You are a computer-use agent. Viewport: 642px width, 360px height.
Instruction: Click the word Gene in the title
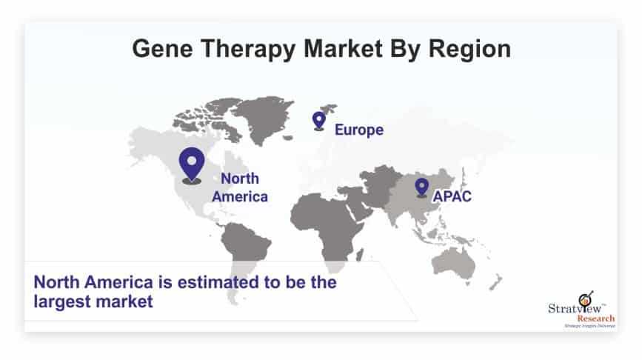click(x=163, y=48)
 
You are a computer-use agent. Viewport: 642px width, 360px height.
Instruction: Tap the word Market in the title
click(x=343, y=48)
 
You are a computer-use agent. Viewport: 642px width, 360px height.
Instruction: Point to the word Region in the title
click(x=469, y=50)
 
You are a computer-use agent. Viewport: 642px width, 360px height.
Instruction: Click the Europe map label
click(x=359, y=130)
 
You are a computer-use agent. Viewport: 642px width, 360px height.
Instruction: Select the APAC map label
click(x=452, y=196)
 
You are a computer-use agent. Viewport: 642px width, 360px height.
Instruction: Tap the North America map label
click(x=240, y=187)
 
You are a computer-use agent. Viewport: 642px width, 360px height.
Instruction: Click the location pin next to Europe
click(x=319, y=121)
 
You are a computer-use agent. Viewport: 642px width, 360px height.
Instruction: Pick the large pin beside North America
click(x=192, y=165)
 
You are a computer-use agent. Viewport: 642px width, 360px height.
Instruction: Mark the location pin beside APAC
click(x=421, y=187)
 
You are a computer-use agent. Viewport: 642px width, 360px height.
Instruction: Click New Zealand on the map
click(x=496, y=282)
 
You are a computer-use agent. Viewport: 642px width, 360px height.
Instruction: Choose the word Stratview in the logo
click(x=575, y=308)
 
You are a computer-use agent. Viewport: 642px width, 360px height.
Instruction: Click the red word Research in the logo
click(x=596, y=319)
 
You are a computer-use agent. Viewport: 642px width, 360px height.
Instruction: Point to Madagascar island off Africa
click(x=359, y=255)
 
